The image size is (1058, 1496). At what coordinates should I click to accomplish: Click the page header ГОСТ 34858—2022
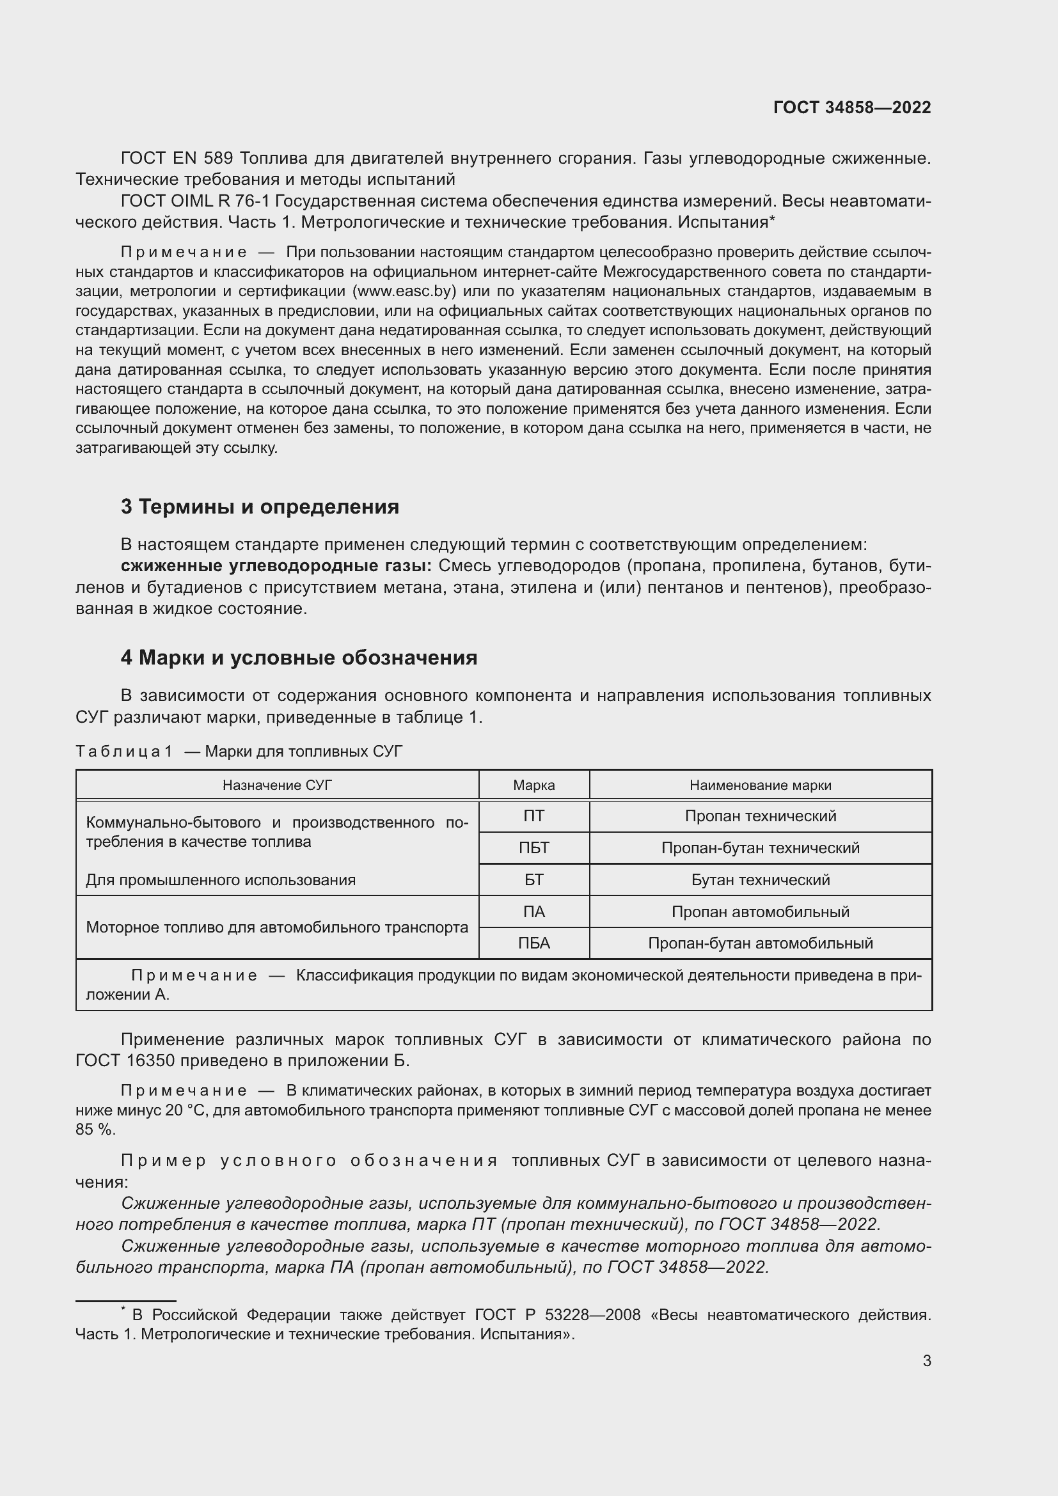(851, 107)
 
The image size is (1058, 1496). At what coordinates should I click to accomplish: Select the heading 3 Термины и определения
(259, 507)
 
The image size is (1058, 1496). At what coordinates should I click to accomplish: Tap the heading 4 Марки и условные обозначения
(298, 657)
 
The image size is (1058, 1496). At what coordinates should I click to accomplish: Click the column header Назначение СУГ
(277, 785)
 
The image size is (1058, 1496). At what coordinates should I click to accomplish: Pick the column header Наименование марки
(760, 785)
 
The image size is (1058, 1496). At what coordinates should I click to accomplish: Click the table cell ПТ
(533, 815)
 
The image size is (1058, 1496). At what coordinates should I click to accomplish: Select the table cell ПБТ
(533, 847)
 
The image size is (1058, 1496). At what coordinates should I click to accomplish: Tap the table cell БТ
(533, 879)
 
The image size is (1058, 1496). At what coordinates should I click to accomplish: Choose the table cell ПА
(533, 911)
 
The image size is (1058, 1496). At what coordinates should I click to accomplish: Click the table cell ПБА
(533, 943)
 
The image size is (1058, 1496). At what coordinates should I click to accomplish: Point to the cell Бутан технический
(760, 879)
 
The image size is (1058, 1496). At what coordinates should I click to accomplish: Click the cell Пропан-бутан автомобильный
(760, 943)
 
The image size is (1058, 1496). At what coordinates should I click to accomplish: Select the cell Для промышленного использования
(220, 880)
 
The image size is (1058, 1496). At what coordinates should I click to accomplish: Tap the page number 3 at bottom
(926, 1360)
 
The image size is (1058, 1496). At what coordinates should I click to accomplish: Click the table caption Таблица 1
(124, 752)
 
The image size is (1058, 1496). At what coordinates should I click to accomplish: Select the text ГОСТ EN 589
(178, 158)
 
